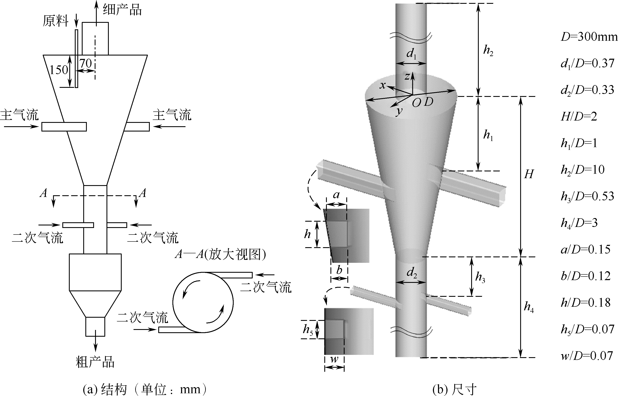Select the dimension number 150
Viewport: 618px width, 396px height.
[x=59, y=70]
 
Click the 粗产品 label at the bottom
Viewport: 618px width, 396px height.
[x=95, y=362]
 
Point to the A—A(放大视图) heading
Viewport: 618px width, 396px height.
[x=220, y=255]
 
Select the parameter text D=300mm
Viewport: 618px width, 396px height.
[x=589, y=37]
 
